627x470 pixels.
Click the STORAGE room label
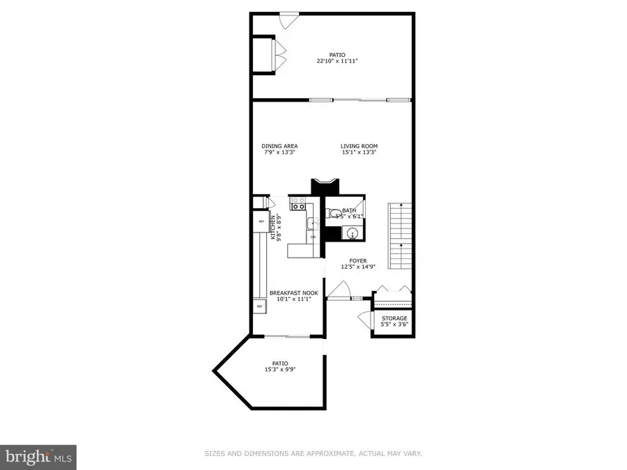tap(394, 318)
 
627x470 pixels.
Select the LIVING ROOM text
tap(359, 146)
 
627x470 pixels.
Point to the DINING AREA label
tap(279, 146)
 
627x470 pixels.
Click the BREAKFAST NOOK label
tap(295, 292)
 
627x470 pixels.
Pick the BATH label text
tap(349, 210)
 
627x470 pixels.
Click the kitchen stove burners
tap(299, 204)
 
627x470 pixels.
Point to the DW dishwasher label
tap(313, 237)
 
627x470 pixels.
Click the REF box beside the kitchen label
tap(261, 221)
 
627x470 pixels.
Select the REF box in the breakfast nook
tap(259, 306)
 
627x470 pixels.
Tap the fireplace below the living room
tap(324, 186)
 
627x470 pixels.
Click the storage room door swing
tap(364, 320)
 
